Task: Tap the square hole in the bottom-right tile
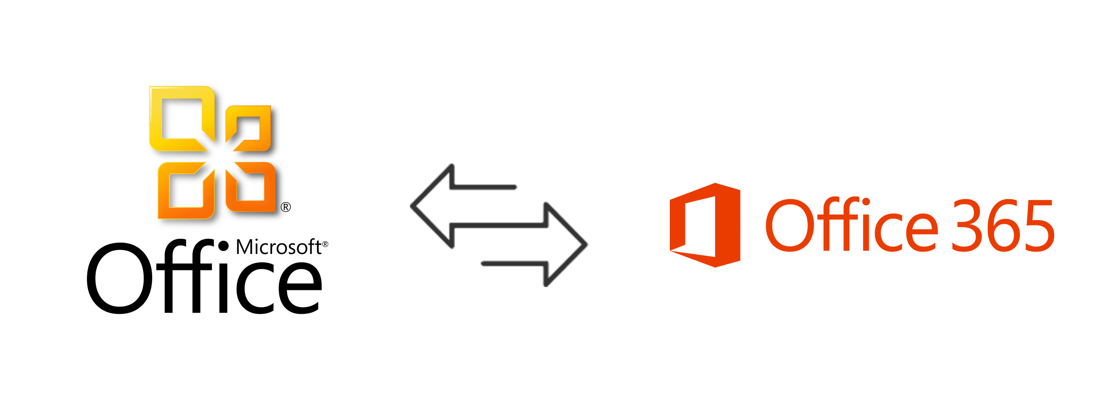254,189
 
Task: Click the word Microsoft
278,248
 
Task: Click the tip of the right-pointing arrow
586,245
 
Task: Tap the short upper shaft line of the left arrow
484,187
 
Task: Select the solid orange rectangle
861,225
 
